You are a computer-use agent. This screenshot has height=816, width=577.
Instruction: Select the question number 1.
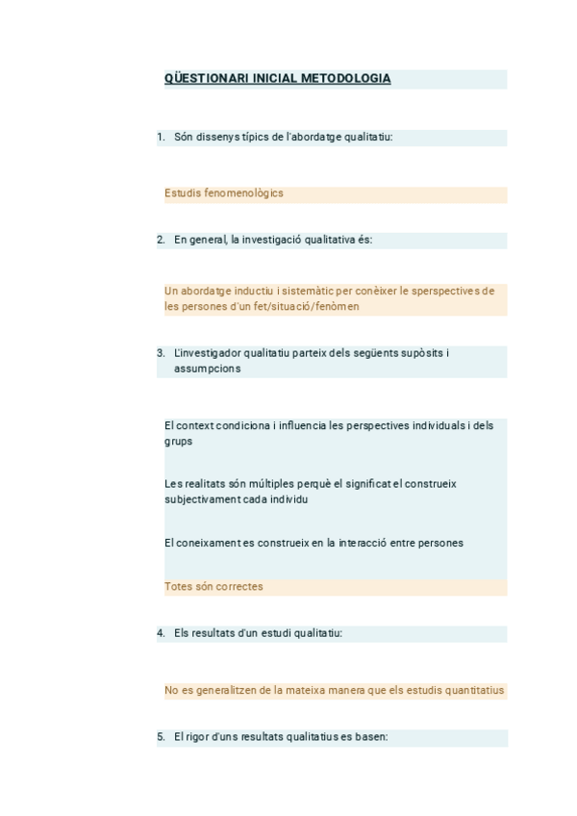(161, 138)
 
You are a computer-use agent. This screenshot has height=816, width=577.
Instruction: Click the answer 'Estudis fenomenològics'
(224, 193)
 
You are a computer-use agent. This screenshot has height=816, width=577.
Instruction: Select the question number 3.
(161, 353)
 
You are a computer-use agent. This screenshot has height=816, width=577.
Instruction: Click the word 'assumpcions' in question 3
(208, 369)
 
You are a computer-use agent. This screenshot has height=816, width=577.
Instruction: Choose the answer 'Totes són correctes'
(213, 586)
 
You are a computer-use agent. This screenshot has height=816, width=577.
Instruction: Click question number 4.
(161, 633)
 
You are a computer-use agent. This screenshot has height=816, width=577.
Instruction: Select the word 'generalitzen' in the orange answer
(224, 690)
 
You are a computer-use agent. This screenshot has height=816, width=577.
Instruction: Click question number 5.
(161, 737)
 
